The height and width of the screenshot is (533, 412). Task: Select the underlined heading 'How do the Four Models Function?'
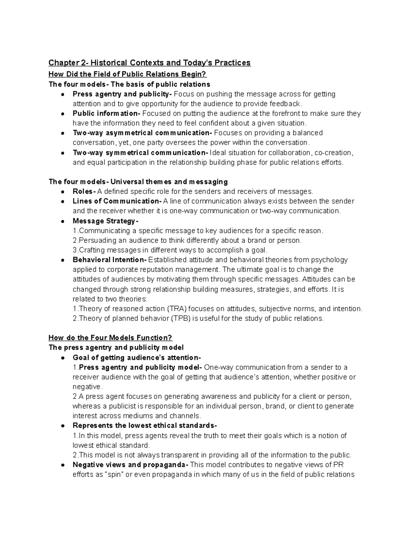(110, 338)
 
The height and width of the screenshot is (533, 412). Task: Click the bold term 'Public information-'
(107, 113)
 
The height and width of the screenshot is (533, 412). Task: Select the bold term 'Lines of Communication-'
(117, 201)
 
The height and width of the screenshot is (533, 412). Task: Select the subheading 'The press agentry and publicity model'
(116, 347)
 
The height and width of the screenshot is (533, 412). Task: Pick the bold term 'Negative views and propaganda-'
(130, 465)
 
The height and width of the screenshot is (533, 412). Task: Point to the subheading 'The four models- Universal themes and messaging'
(138, 182)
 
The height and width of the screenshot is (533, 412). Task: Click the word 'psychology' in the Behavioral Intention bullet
(331, 260)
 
